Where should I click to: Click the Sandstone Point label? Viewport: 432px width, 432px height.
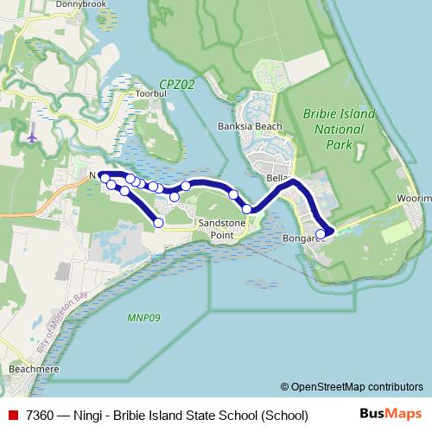coord(222,228)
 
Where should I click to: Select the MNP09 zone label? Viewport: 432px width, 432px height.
coord(143,317)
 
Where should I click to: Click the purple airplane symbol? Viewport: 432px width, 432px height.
coord(33,137)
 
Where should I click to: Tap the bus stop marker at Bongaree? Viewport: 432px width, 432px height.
coord(321,233)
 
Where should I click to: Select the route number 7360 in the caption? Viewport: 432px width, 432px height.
coord(41,415)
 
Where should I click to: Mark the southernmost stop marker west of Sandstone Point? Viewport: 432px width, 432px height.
coord(159,223)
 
